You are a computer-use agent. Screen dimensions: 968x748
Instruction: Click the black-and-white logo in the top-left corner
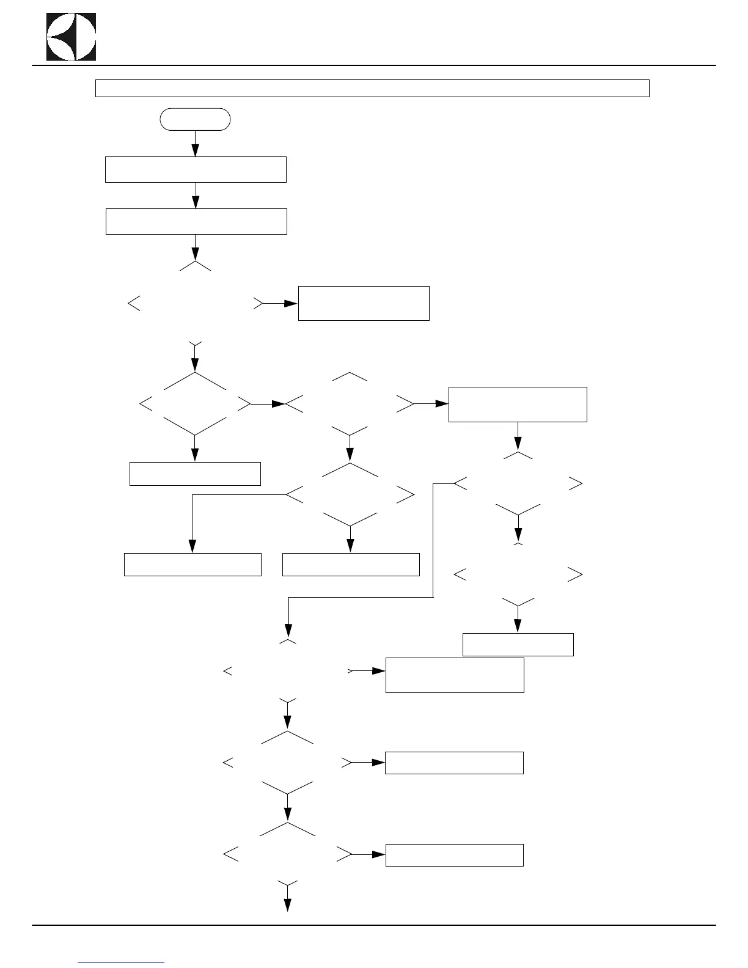coord(71,36)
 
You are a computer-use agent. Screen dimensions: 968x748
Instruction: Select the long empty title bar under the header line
coord(372,88)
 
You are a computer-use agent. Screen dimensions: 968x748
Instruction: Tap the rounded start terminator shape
coord(195,120)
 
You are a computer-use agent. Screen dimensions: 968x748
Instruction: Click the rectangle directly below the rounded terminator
coord(196,169)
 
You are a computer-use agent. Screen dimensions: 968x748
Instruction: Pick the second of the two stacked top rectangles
coord(196,221)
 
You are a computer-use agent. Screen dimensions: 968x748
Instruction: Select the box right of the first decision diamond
coord(364,303)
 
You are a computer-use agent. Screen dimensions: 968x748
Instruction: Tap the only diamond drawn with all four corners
coord(196,404)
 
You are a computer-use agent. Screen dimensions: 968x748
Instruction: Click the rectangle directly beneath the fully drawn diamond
coord(195,474)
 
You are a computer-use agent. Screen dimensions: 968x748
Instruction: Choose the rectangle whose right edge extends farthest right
coord(518,404)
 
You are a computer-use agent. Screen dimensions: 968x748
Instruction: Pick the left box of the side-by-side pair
coord(193,565)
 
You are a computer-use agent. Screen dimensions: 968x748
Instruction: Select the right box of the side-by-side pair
coord(351,565)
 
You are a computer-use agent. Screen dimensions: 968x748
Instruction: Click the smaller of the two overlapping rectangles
coord(518,644)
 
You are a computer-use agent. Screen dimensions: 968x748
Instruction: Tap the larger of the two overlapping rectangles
coord(455,675)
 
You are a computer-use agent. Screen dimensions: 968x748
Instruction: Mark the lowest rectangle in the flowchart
coord(454,855)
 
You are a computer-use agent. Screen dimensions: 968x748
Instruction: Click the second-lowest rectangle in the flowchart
coord(454,763)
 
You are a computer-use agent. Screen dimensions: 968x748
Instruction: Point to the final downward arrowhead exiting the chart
coord(287,905)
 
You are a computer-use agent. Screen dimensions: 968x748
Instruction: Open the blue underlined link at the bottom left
coord(122,963)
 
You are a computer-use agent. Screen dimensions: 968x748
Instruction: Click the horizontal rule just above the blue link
coord(373,925)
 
